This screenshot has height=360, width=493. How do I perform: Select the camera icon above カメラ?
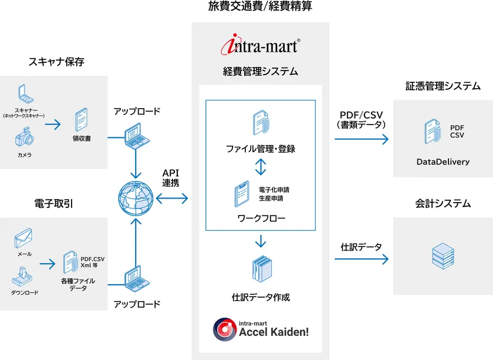click(24, 139)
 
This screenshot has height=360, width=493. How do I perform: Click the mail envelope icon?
click(23, 238)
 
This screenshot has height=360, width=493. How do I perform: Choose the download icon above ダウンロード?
click(23, 274)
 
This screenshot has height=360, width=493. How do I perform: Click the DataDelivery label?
click(443, 162)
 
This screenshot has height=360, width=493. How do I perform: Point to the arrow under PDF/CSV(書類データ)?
click(362, 139)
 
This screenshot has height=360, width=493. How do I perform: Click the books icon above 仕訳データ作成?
click(261, 271)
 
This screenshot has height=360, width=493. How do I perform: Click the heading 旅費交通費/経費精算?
click(261, 7)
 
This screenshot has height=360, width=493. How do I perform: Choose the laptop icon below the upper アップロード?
click(136, 134)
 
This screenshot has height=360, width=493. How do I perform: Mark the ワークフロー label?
click(261, 218)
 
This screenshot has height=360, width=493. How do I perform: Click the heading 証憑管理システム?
click(443, 86)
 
